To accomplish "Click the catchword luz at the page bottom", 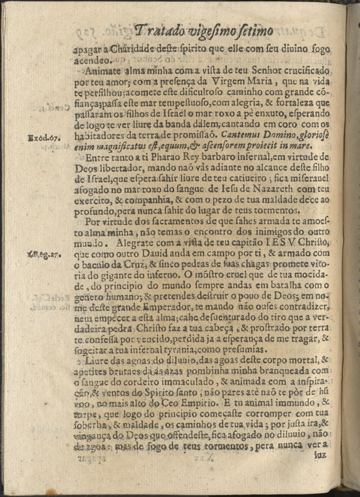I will [x=320, y=454].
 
